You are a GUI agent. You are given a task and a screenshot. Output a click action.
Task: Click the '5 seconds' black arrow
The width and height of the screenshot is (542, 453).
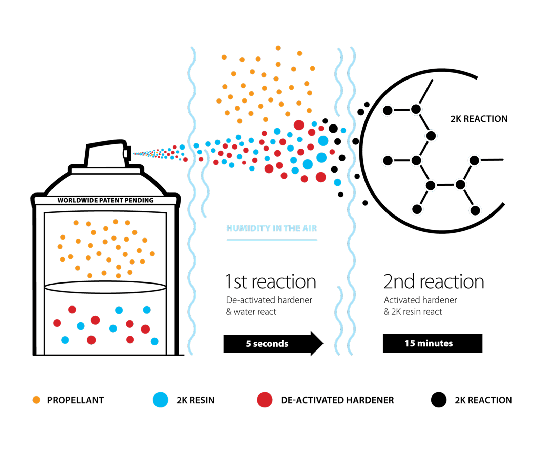[x=268, y=344]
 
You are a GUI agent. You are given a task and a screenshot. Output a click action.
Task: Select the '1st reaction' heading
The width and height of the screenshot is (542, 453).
[x=271, y=282]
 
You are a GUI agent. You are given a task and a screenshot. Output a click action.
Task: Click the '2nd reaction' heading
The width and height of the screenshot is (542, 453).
[x=434, y=282]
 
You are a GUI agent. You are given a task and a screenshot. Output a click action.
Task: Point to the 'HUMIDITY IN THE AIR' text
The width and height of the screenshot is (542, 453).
[x=272, y=229]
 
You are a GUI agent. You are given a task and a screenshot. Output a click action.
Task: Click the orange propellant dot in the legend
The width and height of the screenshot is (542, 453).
[x=36, y=400]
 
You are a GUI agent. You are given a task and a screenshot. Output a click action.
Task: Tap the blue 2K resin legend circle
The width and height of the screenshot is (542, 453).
[x=160, y=400]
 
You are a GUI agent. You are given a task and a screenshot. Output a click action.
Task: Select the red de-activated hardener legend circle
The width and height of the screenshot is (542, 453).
[x=265, y=400]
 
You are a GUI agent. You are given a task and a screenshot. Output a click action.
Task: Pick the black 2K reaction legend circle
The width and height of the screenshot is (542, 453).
[x=439, y=400]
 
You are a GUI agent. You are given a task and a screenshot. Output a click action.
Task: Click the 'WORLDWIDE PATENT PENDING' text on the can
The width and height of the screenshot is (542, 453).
[x=106, y=200]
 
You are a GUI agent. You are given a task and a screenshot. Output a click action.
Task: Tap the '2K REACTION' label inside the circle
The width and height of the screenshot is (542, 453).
[x=479, y=119]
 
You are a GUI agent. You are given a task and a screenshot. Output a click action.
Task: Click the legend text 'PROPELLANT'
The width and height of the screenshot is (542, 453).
[x=75, y=400]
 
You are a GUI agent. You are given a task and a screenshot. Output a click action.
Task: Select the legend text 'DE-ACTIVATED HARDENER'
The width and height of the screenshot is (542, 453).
[x=337, y=400]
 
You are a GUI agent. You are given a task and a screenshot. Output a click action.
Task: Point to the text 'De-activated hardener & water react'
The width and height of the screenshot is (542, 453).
[x=269, y=306]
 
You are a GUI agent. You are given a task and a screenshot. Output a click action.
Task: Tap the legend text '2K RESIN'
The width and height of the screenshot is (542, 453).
[x=195, y=400]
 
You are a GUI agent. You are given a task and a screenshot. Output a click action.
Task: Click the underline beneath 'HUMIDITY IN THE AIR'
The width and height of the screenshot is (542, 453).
[x=272, y=240]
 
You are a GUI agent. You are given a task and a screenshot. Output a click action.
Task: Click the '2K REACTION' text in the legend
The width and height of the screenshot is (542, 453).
[x=483, y=400]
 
